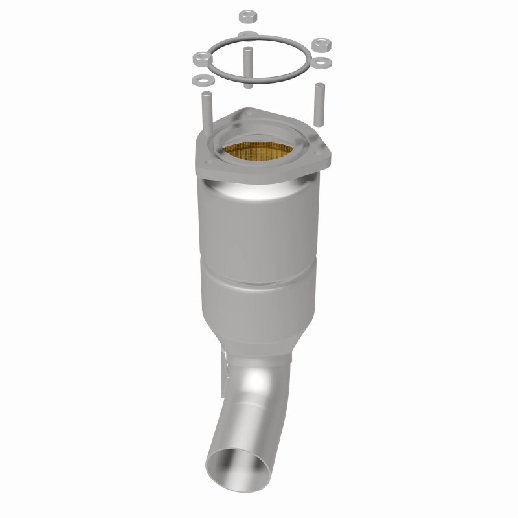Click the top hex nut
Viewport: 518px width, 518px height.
pos(247,15)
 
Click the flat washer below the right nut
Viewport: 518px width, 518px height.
pos(322,63)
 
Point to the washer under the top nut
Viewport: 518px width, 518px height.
pos(247,34)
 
